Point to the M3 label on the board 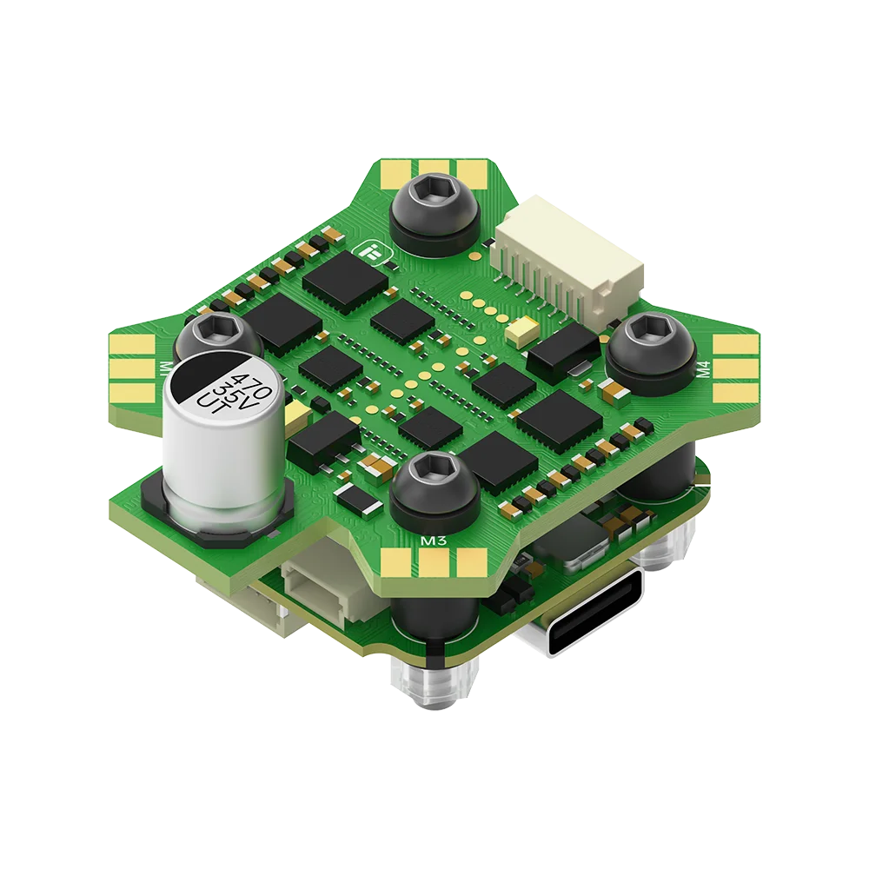pyautogui.click(x=433, y=541)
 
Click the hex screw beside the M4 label pyautogui.click(x=647, y=342)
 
